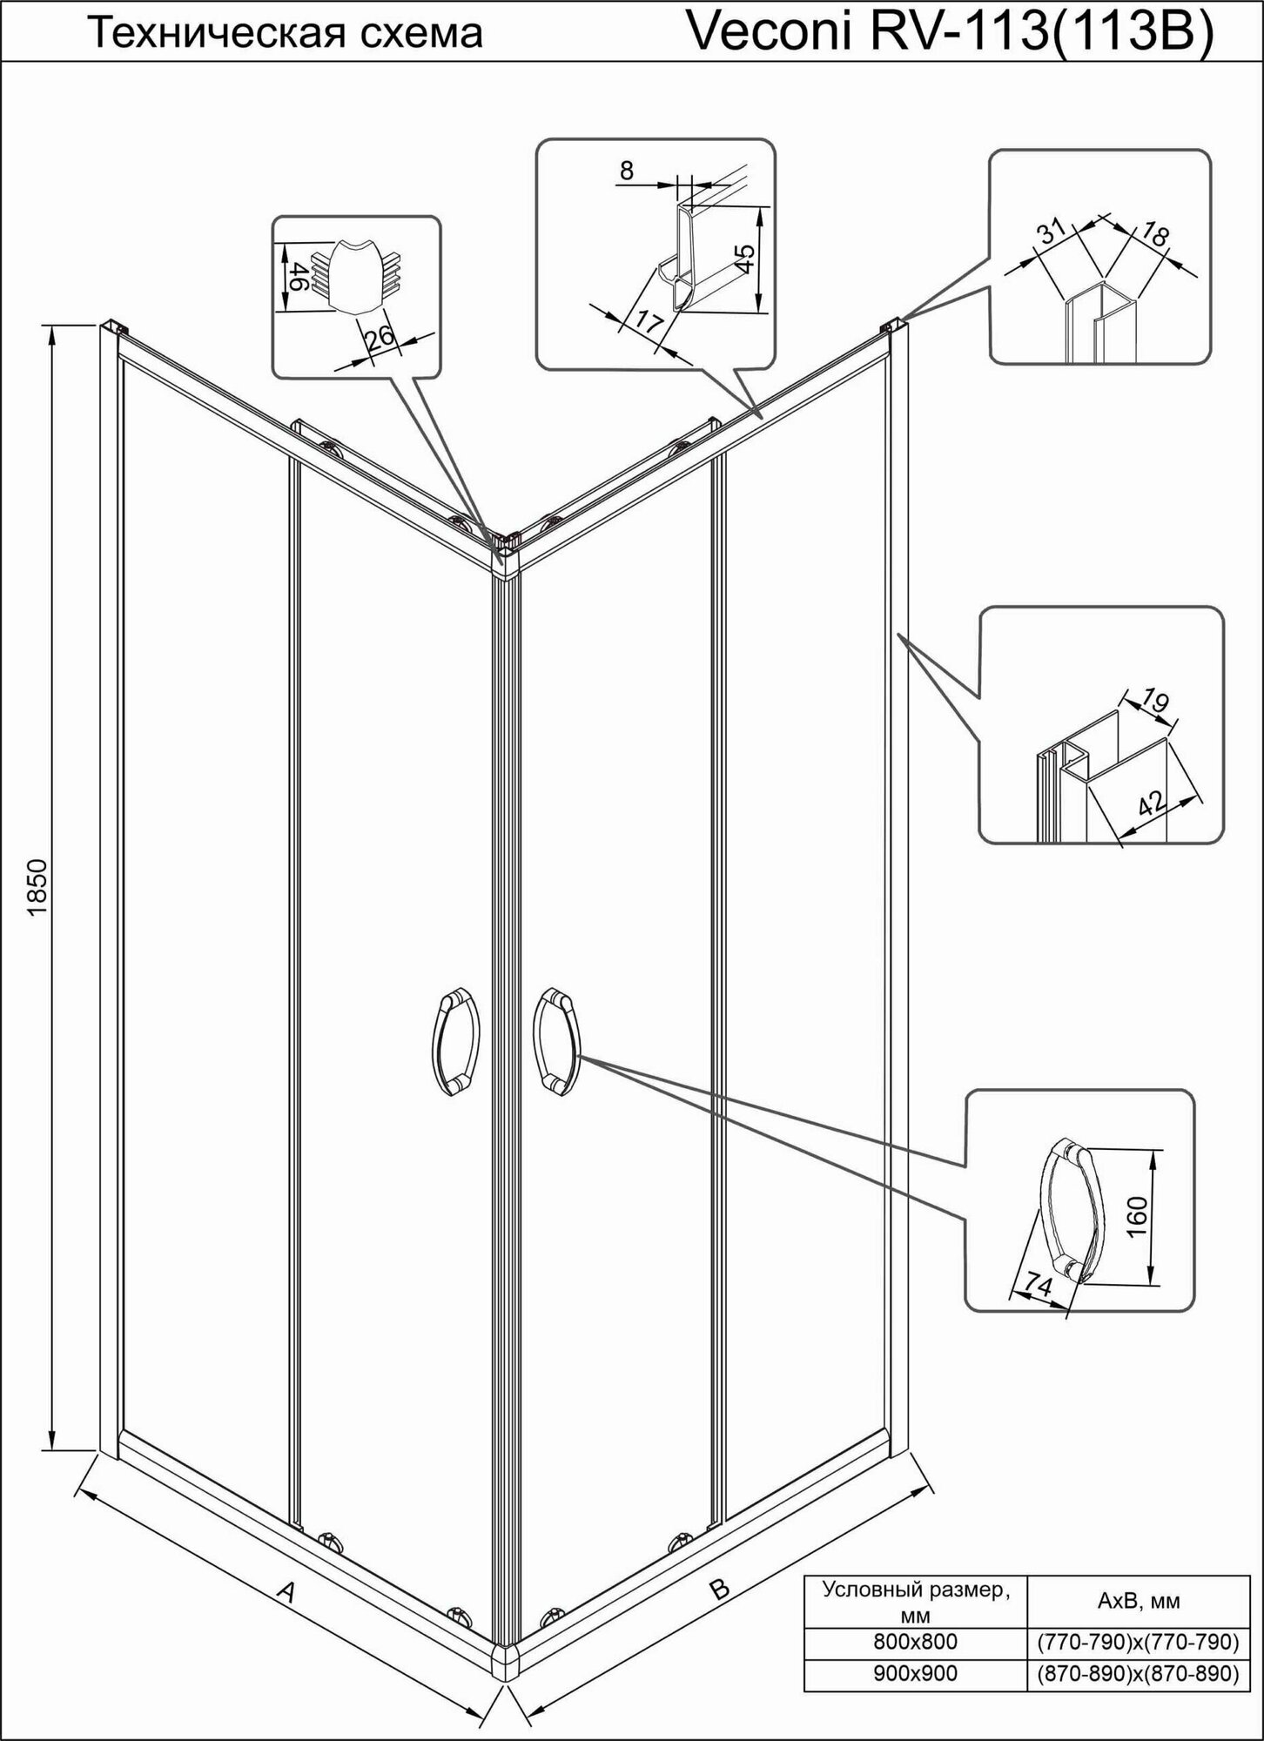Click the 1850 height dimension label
coord(37,888)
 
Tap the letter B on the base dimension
coord(718,1589)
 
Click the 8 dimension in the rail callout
coord(627,171)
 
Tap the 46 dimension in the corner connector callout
coord(294,276)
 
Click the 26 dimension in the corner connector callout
coord(380,338)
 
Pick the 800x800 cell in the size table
coord(915,1642)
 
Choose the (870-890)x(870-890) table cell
coord(1137,1673)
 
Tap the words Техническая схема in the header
coord(287,34)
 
